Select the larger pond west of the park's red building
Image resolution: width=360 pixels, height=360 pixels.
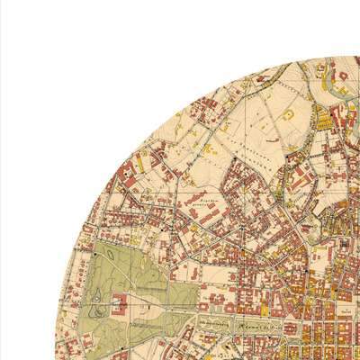click(x=95, y=306)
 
